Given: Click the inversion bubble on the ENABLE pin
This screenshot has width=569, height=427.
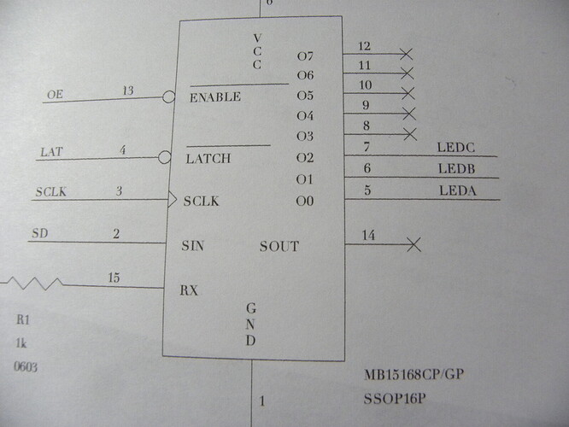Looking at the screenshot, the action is click(169, 97).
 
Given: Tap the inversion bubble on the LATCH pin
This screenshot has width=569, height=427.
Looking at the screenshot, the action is click(164, 157).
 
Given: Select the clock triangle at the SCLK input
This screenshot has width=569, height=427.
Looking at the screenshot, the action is click(172, 200).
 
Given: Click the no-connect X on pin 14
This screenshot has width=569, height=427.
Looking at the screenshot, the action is click(414, 244).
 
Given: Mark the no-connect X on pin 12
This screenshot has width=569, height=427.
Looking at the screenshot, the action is click(407, 54).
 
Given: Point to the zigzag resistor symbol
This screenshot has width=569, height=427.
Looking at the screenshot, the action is click(33, 283).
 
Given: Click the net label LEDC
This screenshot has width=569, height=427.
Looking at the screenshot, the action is click(455, 147).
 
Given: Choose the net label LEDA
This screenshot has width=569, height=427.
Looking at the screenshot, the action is click(458, 190).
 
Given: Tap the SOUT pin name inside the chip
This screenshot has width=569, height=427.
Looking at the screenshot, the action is click(279, 247).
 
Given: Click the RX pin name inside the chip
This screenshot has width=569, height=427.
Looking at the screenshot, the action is click(189, 290).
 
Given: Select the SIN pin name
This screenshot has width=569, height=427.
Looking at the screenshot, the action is click(193, 246).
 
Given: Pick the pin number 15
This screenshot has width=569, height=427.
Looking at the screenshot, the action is click(114, 278).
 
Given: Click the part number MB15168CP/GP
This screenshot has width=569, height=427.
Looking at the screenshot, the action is click(414, 374).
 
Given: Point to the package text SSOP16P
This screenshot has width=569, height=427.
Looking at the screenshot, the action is click(395, 399).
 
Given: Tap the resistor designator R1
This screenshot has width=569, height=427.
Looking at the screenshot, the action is click(23, 319).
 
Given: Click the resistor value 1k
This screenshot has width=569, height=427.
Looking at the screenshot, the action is click(21, 342).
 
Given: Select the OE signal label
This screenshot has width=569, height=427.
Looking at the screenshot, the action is click(56, 95).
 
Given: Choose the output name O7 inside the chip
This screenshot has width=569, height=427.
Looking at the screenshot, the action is click(305, 56).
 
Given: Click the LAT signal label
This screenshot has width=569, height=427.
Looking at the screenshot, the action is click(51, 152).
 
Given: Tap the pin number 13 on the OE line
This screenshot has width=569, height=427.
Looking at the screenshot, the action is click(128, 91).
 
